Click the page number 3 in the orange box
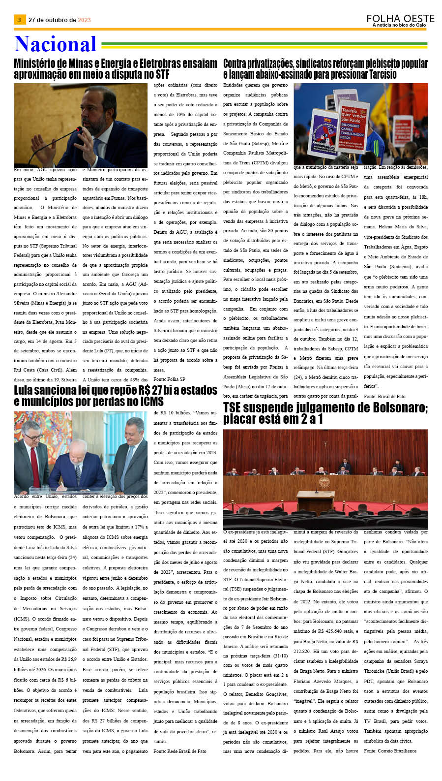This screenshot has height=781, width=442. (19, 20)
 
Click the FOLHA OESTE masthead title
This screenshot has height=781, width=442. (400, 19)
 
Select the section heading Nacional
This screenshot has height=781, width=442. (55, 44)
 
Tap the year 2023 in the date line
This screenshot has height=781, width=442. (84, 20)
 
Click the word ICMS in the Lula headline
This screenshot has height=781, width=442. (151, 402)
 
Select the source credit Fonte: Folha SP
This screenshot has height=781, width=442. (169, 379)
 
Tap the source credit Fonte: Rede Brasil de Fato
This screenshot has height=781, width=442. (179, 751)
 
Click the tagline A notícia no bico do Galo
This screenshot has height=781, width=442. (399, 25)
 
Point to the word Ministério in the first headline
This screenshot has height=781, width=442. (40, 64)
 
